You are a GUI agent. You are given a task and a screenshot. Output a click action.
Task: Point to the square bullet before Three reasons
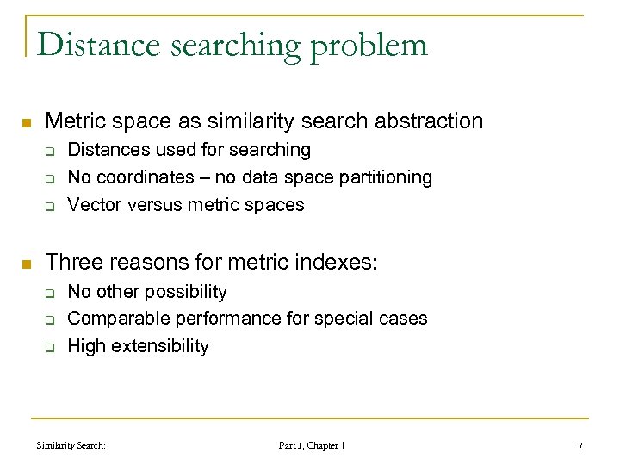[27, 263]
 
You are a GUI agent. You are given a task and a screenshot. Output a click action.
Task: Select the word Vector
[93, 205]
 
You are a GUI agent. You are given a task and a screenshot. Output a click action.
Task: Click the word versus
[153, 205]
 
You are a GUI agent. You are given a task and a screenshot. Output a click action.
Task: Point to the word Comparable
[118, 319]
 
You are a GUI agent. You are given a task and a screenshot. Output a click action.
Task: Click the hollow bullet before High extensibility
[50, 348]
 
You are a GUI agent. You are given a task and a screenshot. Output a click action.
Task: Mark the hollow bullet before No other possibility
[50, 293]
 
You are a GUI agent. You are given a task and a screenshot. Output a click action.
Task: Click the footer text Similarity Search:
[71, 445]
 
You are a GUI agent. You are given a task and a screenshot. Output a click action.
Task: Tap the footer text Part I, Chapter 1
[312, 445]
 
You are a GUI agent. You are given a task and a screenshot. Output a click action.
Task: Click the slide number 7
[580, 445]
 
